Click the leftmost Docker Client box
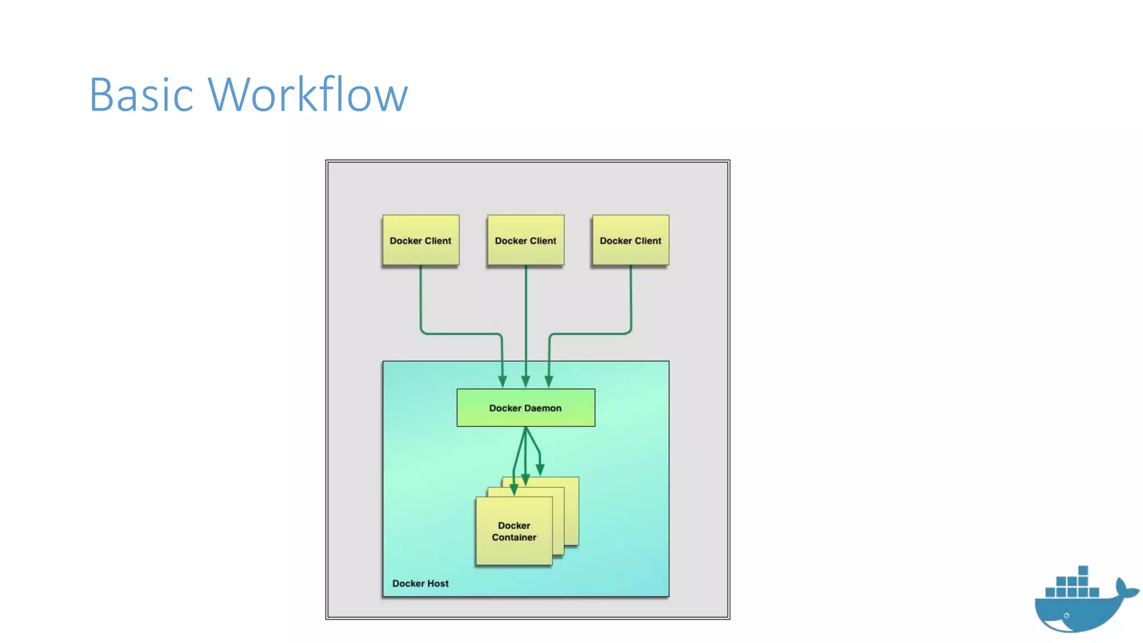pyautogui.click(x=421, y=240)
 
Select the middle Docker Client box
pyautogui.click(x=526, y=240)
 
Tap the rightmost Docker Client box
pyautogui.click(x=631, y=240)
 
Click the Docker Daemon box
pyautogui.click(x=526, y=408)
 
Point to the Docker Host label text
pyautogui.click(x=420, y=583)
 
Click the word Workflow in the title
pyautogui.click(x=308, y=95)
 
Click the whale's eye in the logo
pyautogui.click(x=1067, y=616)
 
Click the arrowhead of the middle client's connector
pyautogui.click(x=526, y=382)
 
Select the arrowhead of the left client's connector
pyautogui.click(x=502, y=382)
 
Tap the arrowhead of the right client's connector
pyautogui.click(x=549, y=382)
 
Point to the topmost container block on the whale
pyautogui.click(x=1083, y=570)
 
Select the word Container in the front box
pyautogui.click(x=514, y=538)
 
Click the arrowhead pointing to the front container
pyautogui.click(x=514, y=490)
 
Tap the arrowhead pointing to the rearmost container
pyautogui.click(x=540, y=469)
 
